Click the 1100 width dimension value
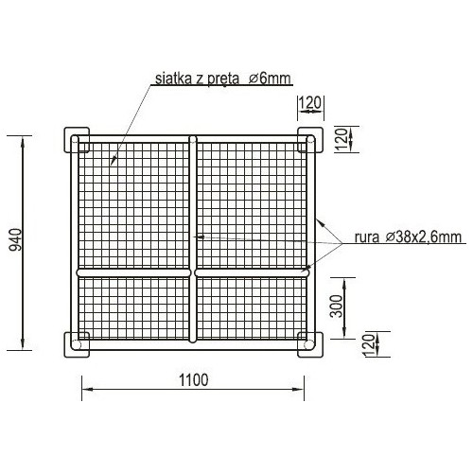click(194, 380)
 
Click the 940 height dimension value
click(16, 239)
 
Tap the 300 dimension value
click(336, 306)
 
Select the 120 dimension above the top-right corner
click(309, 102)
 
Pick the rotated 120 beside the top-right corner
click(341, 139)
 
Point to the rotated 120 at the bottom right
click(369, 345)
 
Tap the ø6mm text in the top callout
click(270, 79)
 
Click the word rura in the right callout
click(367, 237)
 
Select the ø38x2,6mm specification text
click(424, 236)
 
